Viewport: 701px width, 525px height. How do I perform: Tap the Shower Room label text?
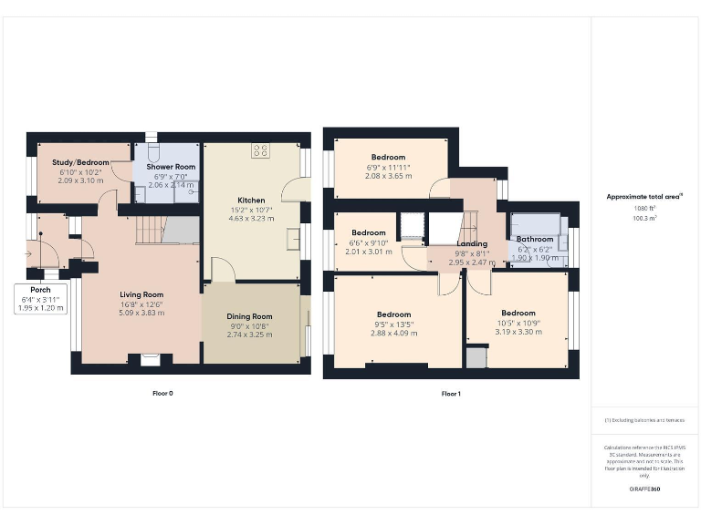tap(173, 167)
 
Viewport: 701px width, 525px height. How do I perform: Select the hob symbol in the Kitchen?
tap(260, 151)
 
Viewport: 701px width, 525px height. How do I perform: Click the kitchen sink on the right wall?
tap(294, 239)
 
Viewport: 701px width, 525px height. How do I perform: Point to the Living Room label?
tap(141, 294)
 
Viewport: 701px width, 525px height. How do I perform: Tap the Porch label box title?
tap(41, 290)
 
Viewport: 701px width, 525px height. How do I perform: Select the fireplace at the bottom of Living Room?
tap(149, 358)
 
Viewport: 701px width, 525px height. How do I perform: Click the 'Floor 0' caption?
tap(162, 394)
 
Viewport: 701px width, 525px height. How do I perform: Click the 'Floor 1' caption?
tap(451, 394)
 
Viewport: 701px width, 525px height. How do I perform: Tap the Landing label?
tap(472, 244)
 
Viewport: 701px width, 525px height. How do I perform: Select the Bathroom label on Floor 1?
tap(535, 240)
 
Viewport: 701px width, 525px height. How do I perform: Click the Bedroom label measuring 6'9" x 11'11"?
tap(388, 157)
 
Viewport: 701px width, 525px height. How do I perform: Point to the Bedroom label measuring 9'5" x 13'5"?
tap(393, 314)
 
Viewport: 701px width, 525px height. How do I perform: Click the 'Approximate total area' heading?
tap(643, 196)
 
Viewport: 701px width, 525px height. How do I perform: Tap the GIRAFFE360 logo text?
tap(644, 489)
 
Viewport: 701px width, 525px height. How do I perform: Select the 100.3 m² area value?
tap(644, 219)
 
